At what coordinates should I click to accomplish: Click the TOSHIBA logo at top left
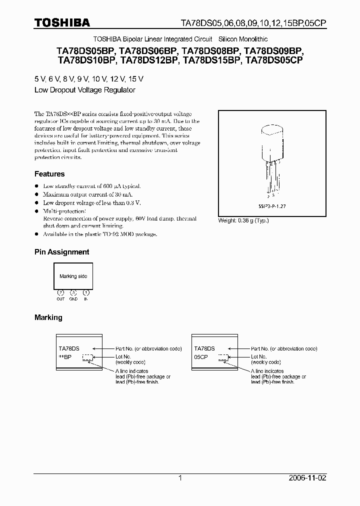[x=62, y=22]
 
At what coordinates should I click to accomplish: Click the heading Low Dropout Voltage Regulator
[x=84, y=90]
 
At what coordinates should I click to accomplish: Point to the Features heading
[x=49, y=174]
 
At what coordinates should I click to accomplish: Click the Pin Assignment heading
[x=61, y=252]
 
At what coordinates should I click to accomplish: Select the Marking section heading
[x=48, y=317]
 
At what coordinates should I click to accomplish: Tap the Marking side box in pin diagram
[x=73, y=276]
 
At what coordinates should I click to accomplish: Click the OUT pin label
[x=60, y=298]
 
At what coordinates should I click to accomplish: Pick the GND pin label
[x=73, y=298]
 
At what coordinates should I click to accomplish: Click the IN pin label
[x=86, y=298]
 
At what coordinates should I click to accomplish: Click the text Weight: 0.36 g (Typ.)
[x=243, y=220]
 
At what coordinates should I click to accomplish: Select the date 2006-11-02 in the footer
[x=307, y=478]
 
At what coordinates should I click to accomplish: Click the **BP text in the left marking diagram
[x=65, y=357]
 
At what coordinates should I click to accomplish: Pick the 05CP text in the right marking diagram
[x=201, y=357]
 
